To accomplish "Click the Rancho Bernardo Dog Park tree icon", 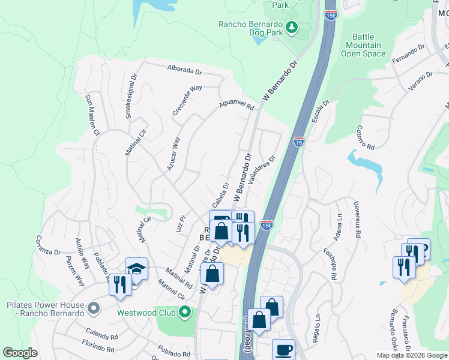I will pos(291,26).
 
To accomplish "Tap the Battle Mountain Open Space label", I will pos(363,45).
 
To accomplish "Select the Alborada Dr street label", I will pos(185,70).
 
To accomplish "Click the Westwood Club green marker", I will pos(185,311).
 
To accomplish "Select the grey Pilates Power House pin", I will pos(93,308).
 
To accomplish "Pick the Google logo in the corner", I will pos(20,353).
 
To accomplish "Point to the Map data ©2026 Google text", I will pos(411,355).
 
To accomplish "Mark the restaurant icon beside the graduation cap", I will pos(120,284).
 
